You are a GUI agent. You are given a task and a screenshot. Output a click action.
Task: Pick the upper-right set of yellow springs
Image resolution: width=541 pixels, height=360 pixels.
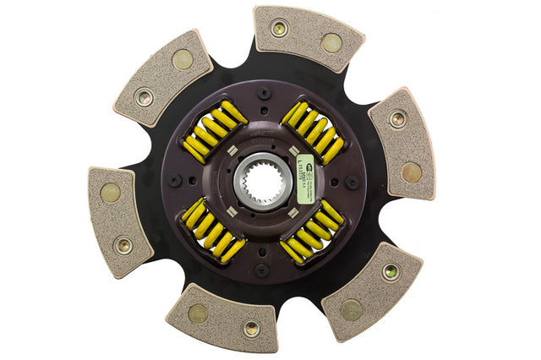coord(312,132)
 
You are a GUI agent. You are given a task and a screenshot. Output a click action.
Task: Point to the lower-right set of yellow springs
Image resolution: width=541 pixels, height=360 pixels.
coord(313,230)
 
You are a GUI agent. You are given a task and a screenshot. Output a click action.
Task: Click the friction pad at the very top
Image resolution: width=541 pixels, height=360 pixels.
coord(307,36)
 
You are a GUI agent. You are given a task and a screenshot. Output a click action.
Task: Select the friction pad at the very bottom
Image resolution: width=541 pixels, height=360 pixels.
coord(222,318)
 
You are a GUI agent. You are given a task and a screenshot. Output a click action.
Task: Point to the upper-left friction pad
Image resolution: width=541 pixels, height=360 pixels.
coord(162,78)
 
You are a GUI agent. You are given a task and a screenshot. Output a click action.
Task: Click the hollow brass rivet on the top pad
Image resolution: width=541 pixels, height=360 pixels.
coord(279,28)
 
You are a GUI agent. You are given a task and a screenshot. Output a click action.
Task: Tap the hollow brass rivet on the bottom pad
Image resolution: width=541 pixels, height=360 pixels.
coord(250,329)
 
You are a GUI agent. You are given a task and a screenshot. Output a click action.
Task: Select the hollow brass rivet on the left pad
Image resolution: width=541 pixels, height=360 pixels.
coord(123,246)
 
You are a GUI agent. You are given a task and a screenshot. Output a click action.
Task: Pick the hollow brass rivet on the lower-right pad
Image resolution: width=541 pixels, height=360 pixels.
coord(390,271)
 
